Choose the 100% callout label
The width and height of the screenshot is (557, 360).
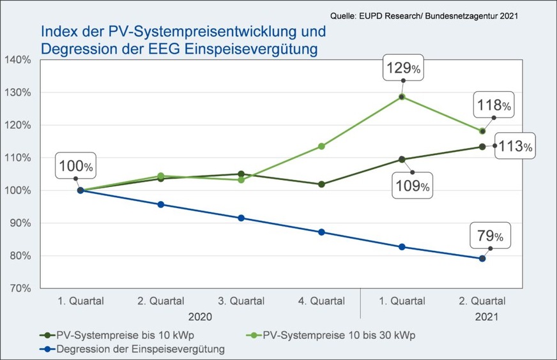click(75, 167)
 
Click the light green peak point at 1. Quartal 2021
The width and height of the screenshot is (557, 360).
click(402, 96)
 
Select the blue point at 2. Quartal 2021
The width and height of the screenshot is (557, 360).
click(482, 259)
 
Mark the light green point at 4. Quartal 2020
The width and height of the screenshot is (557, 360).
click(321, 146)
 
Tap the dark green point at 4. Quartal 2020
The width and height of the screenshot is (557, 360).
click(321, 184)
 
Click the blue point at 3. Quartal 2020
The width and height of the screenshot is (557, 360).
click(241, 218)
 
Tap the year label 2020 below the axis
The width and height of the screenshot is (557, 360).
click(200, 316)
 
